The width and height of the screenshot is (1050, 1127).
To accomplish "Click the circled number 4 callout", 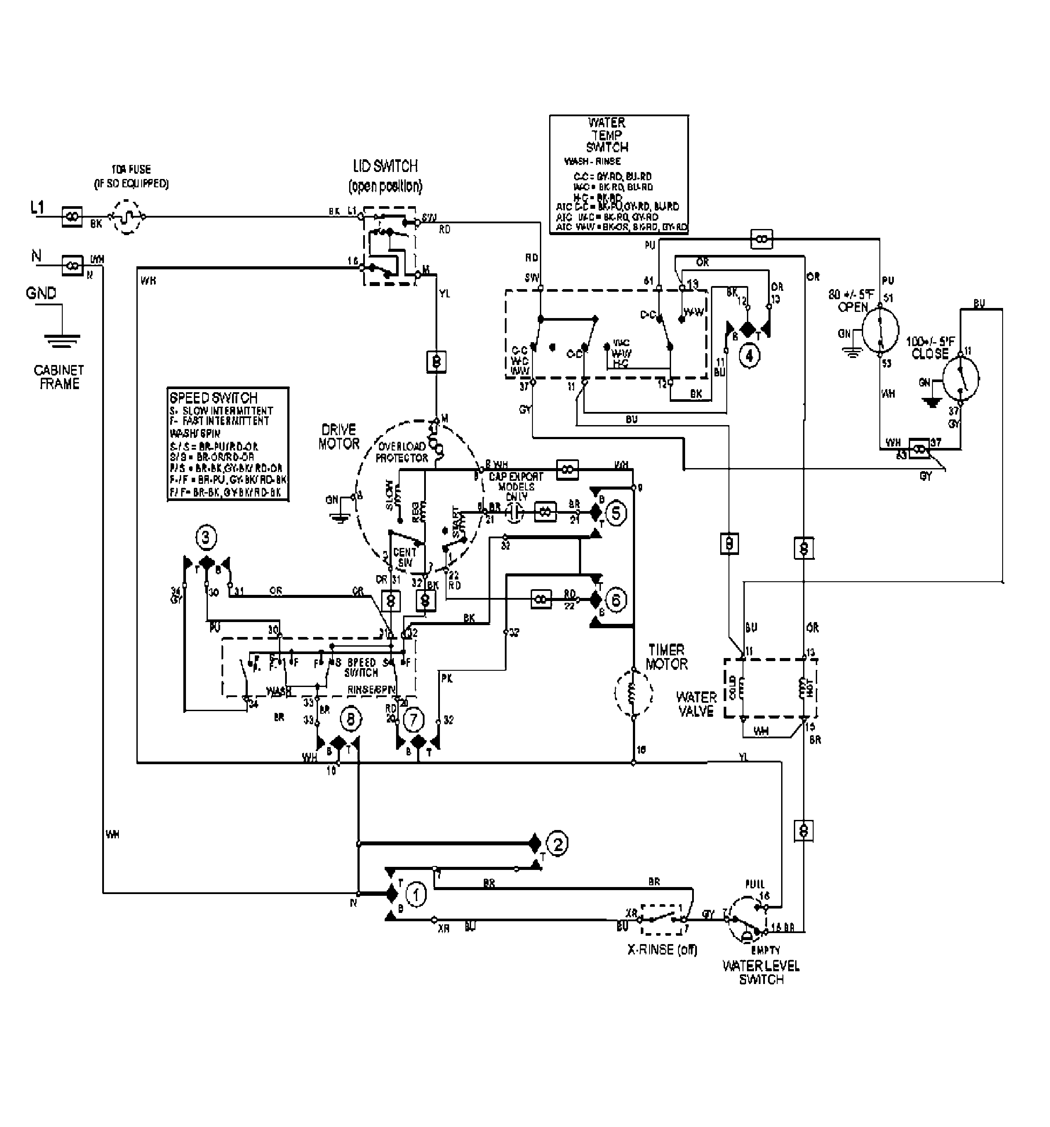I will (x=749, y=356).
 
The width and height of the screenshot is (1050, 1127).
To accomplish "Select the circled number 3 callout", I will (x=206, y=537).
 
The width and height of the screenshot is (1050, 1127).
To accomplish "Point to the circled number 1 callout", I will (x=417, y=895).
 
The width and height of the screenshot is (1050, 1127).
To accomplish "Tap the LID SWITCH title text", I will (x=386, y=166).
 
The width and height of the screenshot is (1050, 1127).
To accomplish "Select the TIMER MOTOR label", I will (x=667, y=656).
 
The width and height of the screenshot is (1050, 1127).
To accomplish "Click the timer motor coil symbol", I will (x=633, y=693).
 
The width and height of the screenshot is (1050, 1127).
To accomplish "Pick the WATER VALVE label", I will (x=696, y=704).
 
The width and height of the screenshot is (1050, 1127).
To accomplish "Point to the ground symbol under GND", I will (x=62, y=340).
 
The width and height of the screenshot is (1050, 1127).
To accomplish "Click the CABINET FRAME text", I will (x=59, y=377).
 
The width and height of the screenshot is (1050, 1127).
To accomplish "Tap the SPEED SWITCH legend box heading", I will (x=213, y=397).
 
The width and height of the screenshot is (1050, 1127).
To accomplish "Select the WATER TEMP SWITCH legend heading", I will (x=607, y=135).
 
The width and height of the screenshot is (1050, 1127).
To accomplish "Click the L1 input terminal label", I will (x=37, y=208).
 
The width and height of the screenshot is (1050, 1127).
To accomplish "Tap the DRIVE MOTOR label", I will (x=339, y=436).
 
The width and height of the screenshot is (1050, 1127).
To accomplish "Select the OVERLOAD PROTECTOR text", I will (x=402, y=452).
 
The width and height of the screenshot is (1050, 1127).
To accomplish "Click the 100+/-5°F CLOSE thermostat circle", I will (x=961, y=378).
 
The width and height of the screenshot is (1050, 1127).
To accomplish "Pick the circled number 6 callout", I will (x=616, y=600).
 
